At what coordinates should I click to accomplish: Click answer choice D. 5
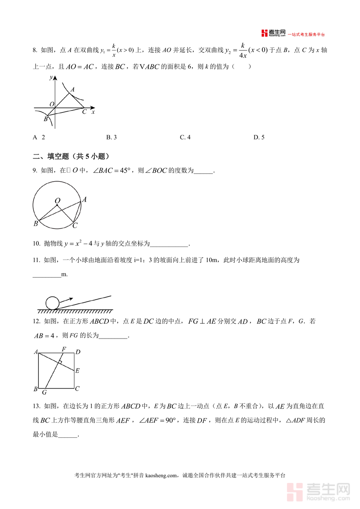coord(259,137)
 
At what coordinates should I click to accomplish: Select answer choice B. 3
coord(111,137)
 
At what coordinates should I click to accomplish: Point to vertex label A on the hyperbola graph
coord(72,90)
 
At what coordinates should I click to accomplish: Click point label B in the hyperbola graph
coord(46,119)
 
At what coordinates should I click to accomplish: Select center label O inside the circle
coord(58,200)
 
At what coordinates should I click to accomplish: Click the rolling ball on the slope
coord(52,303)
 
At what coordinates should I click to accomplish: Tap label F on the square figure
coord(64,349)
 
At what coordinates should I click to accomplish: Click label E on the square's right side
coord(77,371)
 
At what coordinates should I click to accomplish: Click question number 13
coord(37,407)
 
